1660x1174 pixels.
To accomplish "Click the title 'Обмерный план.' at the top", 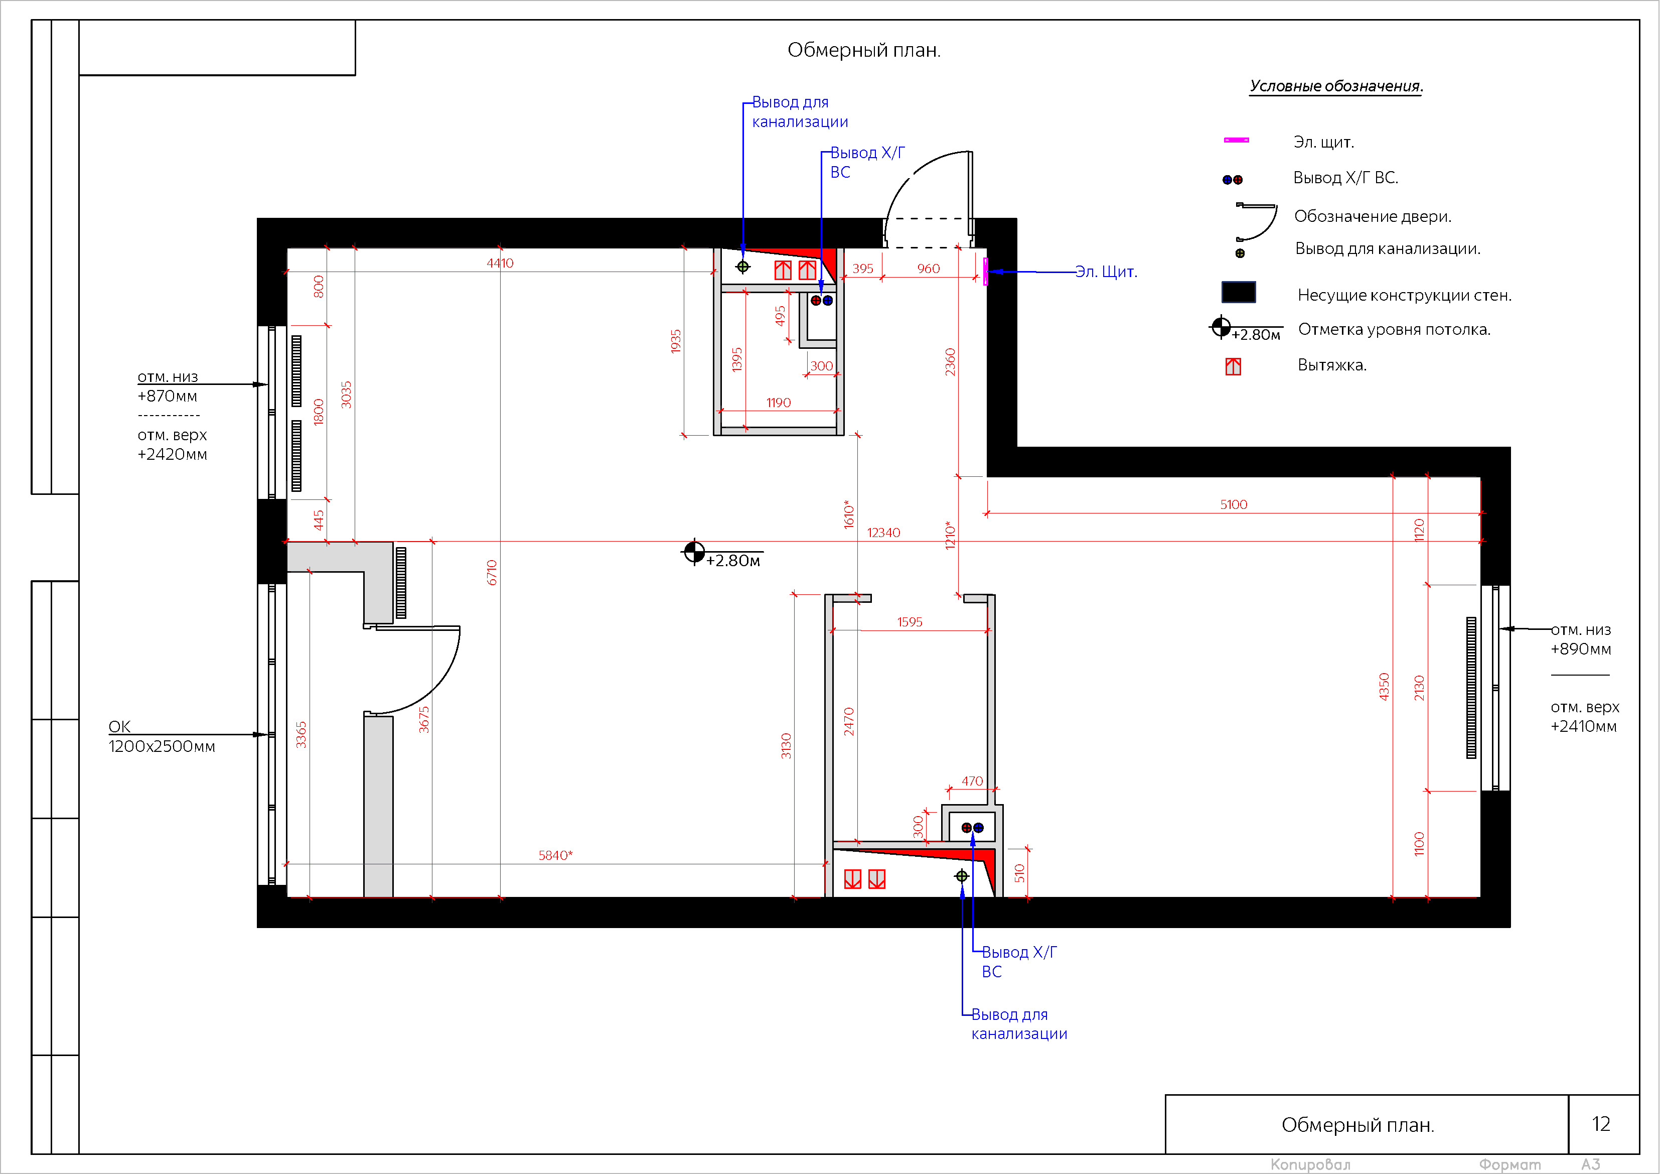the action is click(863, 50).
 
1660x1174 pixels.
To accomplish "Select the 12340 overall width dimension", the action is click(883, 533).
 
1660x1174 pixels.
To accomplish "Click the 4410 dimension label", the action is click(500, 263).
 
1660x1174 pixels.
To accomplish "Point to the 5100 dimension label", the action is click(1234, 504).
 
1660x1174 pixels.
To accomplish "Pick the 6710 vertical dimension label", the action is click(492, 572).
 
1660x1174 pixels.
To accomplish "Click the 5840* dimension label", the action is click(555, 855).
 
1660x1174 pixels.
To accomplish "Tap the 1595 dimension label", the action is click(910, 621).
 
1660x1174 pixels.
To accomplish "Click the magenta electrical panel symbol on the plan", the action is click(985, 271).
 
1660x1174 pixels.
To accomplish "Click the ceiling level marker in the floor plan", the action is click(694, 552).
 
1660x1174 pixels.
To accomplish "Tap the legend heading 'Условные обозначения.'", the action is click(1336, 86).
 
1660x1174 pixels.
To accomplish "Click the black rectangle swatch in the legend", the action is click(1239, 292).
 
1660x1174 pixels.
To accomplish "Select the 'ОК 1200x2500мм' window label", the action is click(161, 736).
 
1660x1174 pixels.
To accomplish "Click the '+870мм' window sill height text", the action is click(167, 396).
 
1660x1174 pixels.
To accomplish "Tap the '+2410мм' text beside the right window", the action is click(1583, 726).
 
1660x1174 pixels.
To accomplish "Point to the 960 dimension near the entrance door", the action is click(929, 269).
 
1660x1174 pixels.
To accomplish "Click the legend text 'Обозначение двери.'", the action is click(1372, 216).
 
